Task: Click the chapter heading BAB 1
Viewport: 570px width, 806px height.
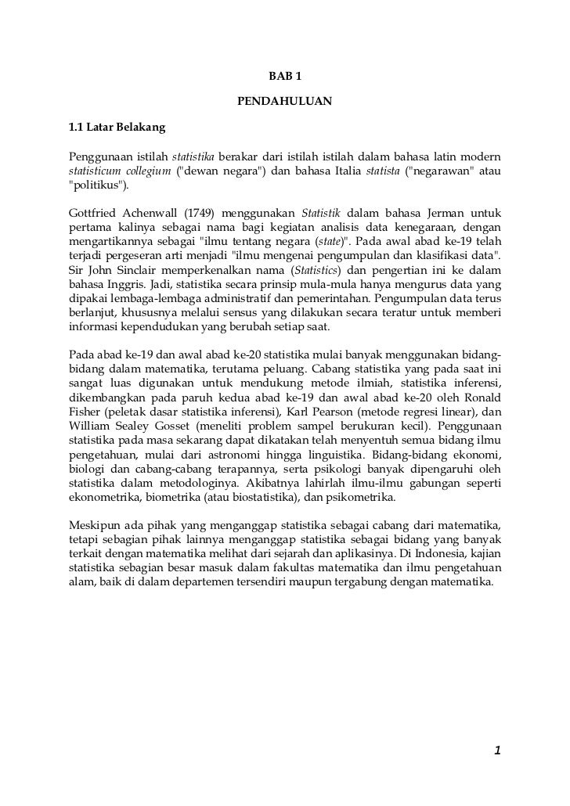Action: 284,76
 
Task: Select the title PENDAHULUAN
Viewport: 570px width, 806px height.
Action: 284,101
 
